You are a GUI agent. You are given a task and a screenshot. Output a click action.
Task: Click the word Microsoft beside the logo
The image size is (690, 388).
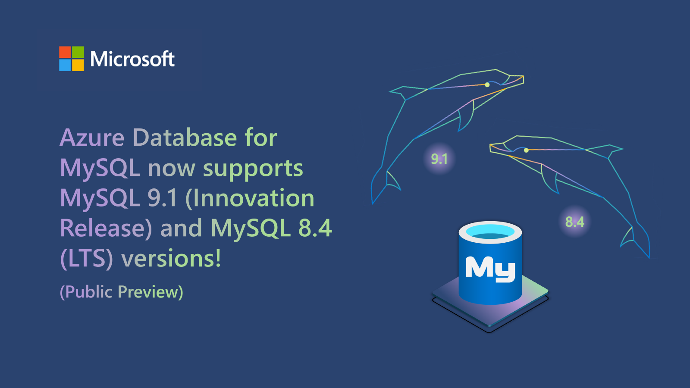pyautogui.click(x=132, y=59)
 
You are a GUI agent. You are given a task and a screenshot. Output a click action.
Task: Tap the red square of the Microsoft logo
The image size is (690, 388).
pyautogui.click(x=65, y=52)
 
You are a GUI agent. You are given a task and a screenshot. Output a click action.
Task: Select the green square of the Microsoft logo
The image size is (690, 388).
pyautogui.click(x=78, y=52)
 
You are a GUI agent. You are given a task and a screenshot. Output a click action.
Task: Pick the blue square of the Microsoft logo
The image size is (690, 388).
pyautogui.click(x=65, y=65)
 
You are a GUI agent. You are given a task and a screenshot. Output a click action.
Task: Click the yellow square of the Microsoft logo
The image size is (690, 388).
pyautogui.click(x=78, y=65)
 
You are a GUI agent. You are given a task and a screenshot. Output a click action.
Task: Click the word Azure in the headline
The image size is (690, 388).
pyautogui.click(x=92, y=138)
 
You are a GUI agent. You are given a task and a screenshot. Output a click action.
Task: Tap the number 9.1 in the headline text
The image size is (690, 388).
pyautogui.click(x=162, y=197)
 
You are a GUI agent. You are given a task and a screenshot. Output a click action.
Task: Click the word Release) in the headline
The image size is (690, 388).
pyautogui.click(x=106, y=228)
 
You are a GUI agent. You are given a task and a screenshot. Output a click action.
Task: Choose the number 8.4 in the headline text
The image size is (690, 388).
pyautogui.click(x=315, y=228)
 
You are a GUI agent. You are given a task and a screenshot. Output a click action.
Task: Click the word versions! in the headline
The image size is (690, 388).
pyautogui.click(x=171, y=258)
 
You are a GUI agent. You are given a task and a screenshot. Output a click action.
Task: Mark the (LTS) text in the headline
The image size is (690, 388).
pyautogui.click(x=87, y=258)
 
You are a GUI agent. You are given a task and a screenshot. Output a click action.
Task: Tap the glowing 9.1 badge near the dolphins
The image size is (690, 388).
pyautogui.click(x=439, y=159)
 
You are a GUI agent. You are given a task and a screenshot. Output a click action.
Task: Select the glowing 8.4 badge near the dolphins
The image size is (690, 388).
pyautogui.click(x=575, y=222)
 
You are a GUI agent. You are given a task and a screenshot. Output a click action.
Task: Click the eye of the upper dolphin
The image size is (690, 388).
pyautogui.click(x=487, y=84)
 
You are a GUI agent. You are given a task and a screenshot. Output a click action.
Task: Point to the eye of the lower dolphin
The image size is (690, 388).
pyautogui.click(x=526, y=150)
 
